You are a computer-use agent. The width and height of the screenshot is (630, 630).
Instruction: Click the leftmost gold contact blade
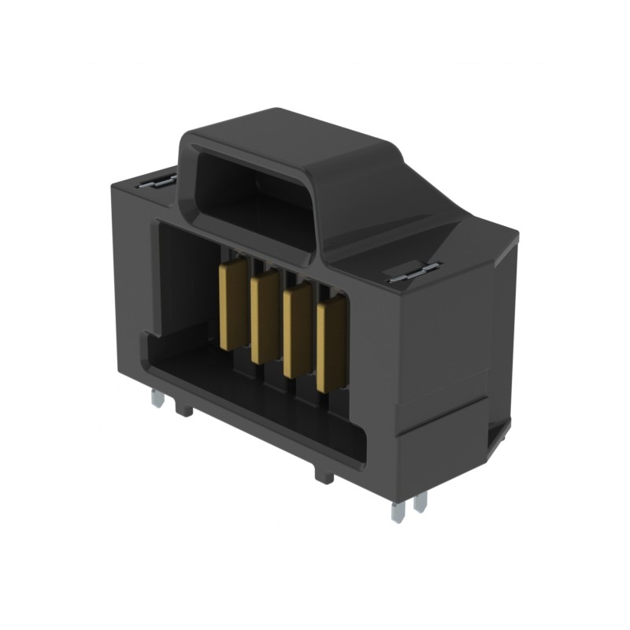232,305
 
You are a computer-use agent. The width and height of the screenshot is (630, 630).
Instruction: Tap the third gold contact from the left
297,332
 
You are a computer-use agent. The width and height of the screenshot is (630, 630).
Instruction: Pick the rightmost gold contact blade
331,346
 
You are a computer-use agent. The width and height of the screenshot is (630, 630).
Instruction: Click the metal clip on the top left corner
160,181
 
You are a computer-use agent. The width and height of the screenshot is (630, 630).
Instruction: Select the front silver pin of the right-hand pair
398,512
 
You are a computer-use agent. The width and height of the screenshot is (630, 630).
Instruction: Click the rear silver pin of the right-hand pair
421,502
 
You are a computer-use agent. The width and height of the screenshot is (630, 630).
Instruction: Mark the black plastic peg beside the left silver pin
184,409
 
